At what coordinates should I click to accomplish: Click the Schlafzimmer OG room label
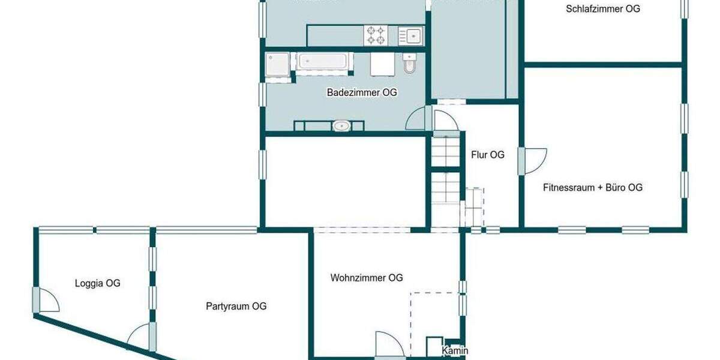coord(602,9)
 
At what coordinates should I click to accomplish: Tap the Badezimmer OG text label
coord(362,92)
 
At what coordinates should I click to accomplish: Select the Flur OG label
coord(488,155)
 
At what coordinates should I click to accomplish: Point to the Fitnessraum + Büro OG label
coord(593,187)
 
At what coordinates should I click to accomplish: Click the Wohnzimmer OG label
coord(367,278)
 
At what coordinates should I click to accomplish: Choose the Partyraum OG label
coord(236,306)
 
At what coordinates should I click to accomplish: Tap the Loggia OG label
coord(97,283)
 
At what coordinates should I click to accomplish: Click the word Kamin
coord(455,351)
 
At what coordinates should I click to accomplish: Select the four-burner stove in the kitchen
coord(376,35)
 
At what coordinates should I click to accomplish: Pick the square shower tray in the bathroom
coord(278,65)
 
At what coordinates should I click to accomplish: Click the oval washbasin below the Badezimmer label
coord(341,126)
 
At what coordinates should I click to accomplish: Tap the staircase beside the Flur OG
coord(445,180)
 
